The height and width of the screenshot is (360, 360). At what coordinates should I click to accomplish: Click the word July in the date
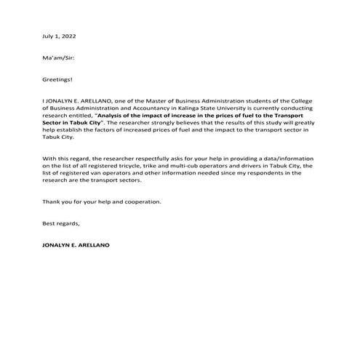click(49, 36)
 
